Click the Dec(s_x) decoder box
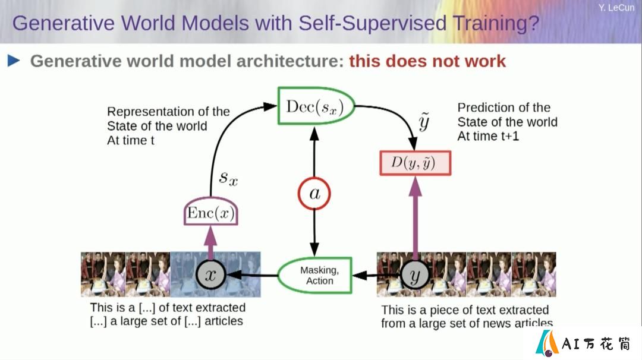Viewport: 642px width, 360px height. pos(316,106)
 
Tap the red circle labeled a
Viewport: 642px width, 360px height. pos(314,194)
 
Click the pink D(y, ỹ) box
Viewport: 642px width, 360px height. pos(415,163)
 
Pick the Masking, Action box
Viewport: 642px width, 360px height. pos(315,275)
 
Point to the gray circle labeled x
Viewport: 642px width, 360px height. pos(210,274)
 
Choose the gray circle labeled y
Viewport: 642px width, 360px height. pos(415,275)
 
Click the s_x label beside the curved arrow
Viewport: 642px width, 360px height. pos(228,178)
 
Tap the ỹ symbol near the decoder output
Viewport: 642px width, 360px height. pos(424,122)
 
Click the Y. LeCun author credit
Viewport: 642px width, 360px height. pos(616,7)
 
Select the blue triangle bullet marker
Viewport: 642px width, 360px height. pos(14,61)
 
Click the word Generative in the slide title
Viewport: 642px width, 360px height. pos(64,23)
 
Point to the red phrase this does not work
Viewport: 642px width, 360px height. pos(427,61)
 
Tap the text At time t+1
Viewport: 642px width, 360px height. pos(488,136)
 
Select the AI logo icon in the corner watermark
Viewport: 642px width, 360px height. pos(547,343)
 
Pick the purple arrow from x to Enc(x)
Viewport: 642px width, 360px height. pos(210,243)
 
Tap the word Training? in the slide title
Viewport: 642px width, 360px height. pos(496,24)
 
